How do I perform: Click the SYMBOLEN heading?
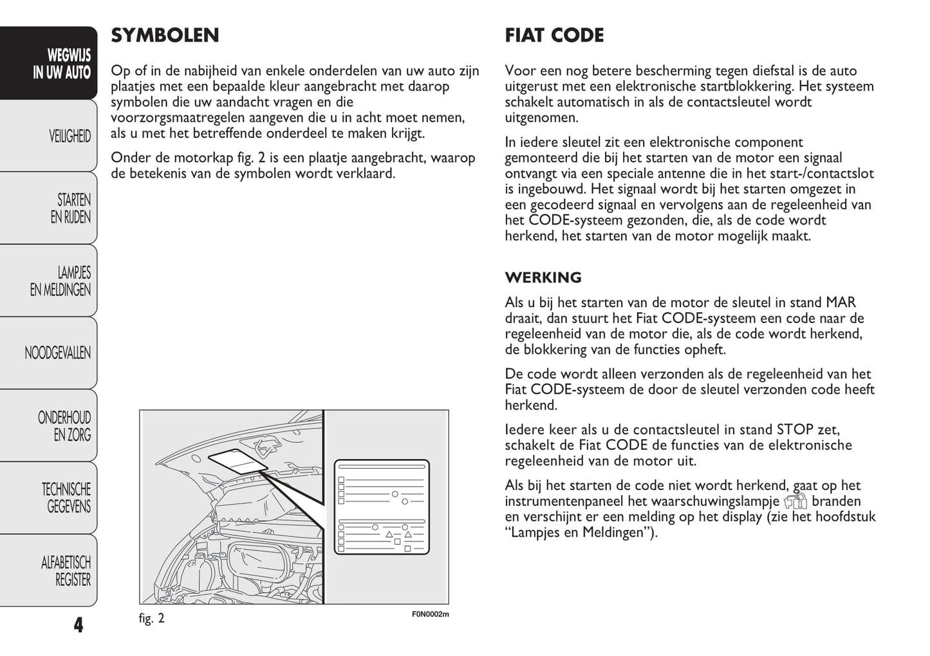tap(165, 35)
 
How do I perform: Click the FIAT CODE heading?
tap(554, 35)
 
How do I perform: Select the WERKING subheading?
tap(543, 277)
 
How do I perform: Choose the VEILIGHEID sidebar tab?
tap(70, 136)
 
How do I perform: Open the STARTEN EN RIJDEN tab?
tap(70, 208)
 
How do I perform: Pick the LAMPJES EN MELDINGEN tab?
tap(60, 281)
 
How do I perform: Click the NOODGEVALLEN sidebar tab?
tap(57, 353)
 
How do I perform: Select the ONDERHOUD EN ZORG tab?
tap(64, 426)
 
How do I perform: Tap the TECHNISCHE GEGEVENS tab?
tap(66, 498)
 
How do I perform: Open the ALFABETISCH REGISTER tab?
tap(66, 570)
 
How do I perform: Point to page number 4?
tap(79, 624)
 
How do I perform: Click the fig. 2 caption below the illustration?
tap(152, 619)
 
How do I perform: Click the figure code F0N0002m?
tap(430, 614)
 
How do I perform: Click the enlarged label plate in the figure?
tap(381, 507)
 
